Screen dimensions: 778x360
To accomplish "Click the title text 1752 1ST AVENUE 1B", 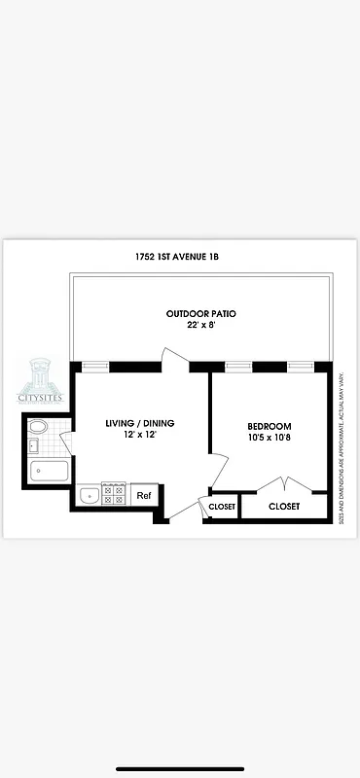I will pyautogui.click(x=183, y=258).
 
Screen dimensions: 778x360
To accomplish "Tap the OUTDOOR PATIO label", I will pyautogui.click(x=200, y=313).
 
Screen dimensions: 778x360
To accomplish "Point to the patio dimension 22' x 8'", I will pyautogui.click(x=200, y=327).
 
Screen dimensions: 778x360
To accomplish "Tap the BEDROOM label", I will pyautogui.click(x=270, y=427).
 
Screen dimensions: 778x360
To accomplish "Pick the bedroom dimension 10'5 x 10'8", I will pyautogui.click(x=270, y=440).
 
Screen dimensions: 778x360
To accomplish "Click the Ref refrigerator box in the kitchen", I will pyautogui.click(x=144, y=496).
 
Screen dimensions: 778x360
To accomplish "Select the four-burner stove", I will pyautogui.click(x=115, y=495).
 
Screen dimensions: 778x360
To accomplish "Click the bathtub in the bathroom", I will pyautogui.click(x=49, y=473).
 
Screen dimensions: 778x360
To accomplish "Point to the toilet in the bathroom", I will pyautogui.click(x=38, y=427).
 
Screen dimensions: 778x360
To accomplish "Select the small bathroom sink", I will pyautogui.click(x=32, y=446).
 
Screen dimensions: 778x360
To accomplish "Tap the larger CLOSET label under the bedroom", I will pyautogui.click(x=284, y=507).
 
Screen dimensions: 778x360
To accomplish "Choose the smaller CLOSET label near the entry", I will pyautogui.click(x=222, y=507).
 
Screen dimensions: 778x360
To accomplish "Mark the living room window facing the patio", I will pyautogui.click(x=94, y=367).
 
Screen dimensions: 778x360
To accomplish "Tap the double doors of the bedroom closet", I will pyautogui.click(x=283, y=486).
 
